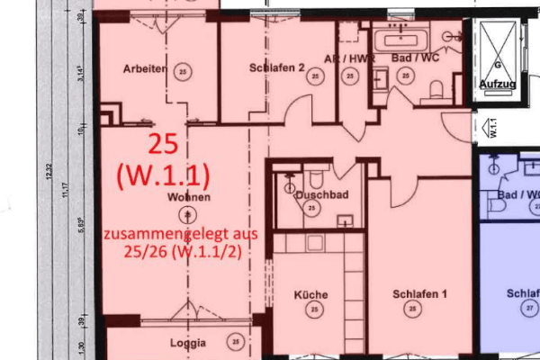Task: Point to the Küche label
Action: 310,294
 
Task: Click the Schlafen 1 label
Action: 420,294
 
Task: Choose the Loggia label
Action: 188,343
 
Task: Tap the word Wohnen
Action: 188,196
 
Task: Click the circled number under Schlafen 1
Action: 412,310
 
